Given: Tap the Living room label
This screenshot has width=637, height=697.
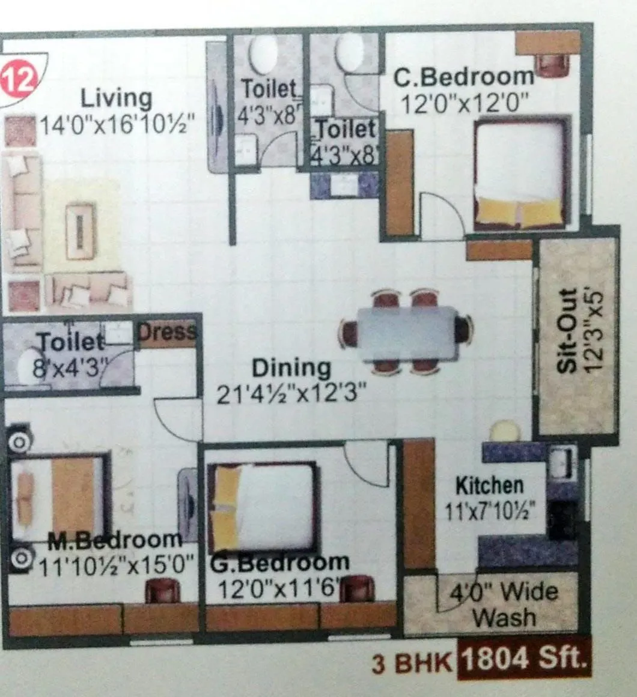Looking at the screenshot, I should click(117, 98).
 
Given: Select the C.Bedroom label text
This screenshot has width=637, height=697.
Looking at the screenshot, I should click(463, 77).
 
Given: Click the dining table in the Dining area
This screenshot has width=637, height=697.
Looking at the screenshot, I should click(407, 333).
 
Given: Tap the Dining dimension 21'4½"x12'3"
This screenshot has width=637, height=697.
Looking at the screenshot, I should click(291, 395).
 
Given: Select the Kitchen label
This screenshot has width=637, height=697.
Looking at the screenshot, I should click(489, 485).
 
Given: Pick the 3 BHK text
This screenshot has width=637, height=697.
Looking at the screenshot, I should click(412, 664).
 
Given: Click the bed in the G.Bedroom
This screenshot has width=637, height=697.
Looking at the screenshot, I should click(263, 507).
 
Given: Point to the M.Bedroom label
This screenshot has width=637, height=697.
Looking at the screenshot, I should click(114, 540).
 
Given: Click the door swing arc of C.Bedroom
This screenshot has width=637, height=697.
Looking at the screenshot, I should click(442, 213).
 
